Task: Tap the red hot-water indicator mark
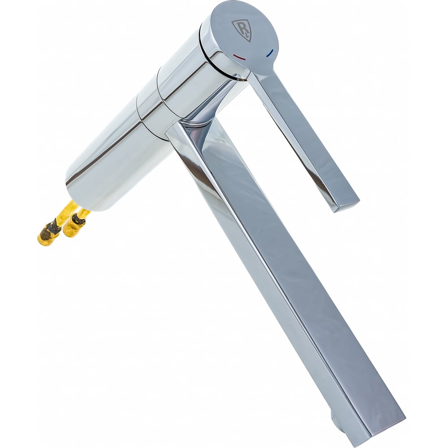pyautogui.click(x=239, y=57)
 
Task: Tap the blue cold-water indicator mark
pyautogui.click(x=270, y=53)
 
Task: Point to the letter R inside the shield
pyautogui.click(x=241, y=28)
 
